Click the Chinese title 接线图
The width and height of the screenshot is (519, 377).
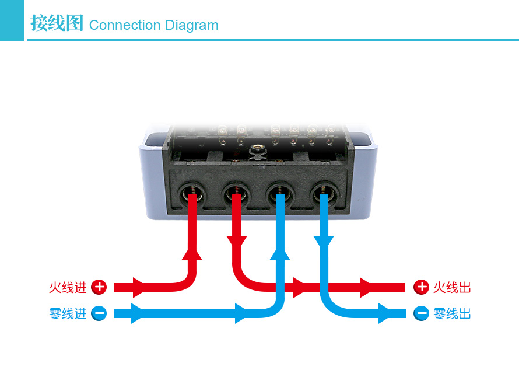(57, 24)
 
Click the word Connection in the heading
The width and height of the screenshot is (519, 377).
(125, 25)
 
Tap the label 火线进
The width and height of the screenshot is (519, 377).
(68, 287)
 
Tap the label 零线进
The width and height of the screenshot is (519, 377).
(68, 313)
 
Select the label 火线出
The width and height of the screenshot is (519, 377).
(452, 287)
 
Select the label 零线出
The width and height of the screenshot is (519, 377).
(452, 313)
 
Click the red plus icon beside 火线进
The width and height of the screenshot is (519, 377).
(99, 287)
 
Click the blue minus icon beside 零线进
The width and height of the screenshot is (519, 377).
(99, 313)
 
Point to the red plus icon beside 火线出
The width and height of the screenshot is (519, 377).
(421, 287)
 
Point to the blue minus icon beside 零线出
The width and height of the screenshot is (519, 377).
(421, 313)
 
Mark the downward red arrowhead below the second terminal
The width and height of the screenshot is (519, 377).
(236, 242)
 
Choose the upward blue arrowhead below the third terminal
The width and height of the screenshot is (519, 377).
(280, 252)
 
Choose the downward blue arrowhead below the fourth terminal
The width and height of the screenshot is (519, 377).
(324, 242)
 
